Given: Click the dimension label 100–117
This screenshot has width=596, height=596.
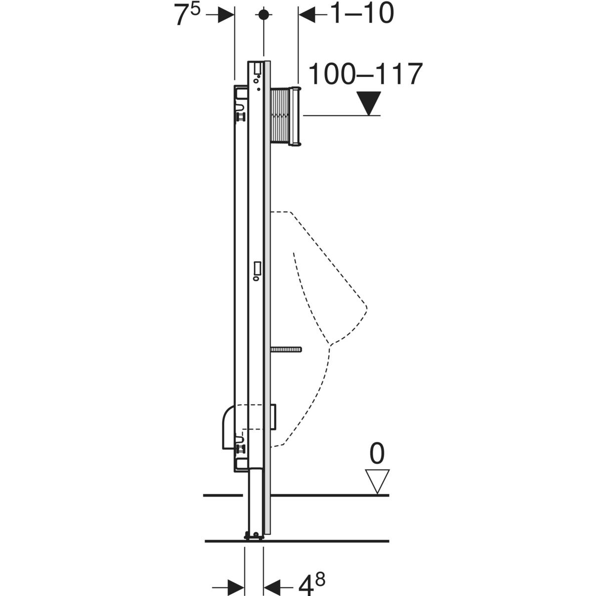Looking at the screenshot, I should tap(365, 75).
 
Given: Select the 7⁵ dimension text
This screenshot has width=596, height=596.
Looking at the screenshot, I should tap(187, 15).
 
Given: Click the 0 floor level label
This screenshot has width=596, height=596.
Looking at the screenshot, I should tap(377, 453).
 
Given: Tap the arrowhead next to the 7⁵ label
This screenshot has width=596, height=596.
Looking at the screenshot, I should tap(226, 15).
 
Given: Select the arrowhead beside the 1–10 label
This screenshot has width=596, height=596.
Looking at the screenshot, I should tap(306, 15).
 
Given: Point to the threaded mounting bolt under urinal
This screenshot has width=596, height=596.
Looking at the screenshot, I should tap(287, 350).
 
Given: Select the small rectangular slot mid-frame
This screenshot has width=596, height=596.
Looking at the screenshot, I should tap(257, 268).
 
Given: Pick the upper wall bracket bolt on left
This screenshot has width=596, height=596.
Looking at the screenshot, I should tap(241, 117).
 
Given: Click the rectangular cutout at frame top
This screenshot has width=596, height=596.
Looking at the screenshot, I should tap(257, 68).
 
